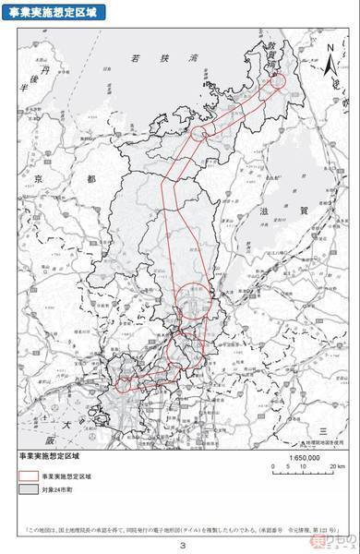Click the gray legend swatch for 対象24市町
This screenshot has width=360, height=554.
point(27,491)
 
